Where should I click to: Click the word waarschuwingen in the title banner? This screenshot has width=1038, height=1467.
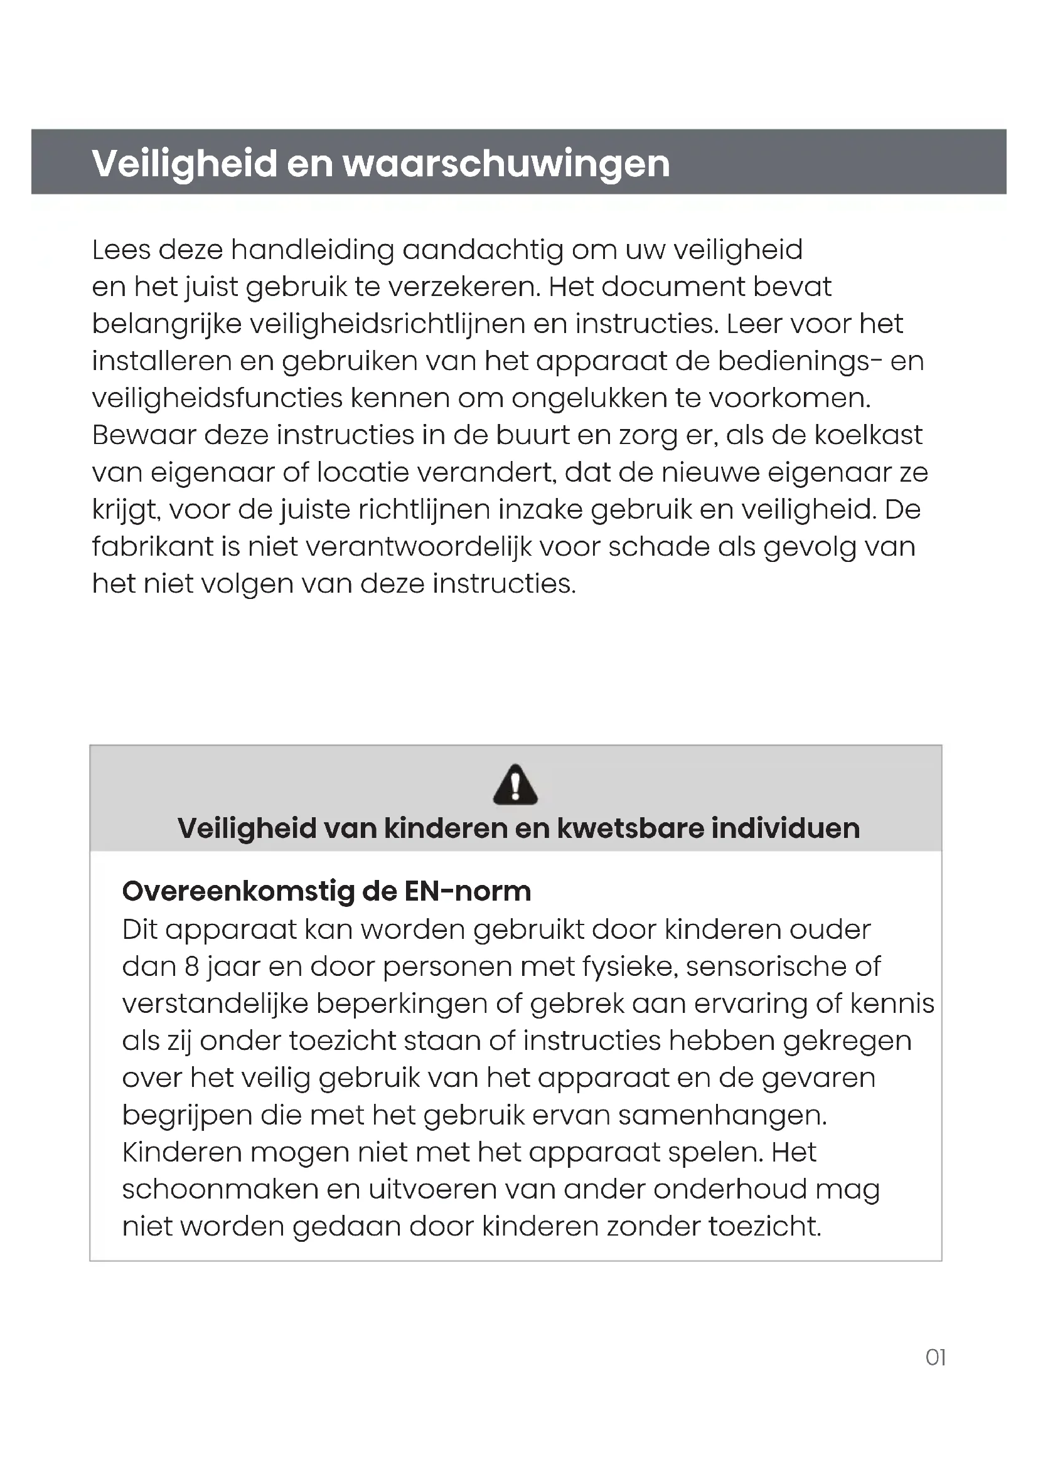pos(506,164)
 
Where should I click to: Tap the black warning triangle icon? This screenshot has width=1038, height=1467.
pos(515,785)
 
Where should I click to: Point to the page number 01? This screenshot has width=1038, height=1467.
pos(935,1357)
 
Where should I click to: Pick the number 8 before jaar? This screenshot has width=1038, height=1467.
pos(192,967)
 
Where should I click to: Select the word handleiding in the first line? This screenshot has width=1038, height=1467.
pos(313,250)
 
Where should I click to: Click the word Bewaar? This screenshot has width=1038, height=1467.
pos(144,435)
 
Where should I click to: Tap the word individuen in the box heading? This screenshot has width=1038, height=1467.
pos(786,829)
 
